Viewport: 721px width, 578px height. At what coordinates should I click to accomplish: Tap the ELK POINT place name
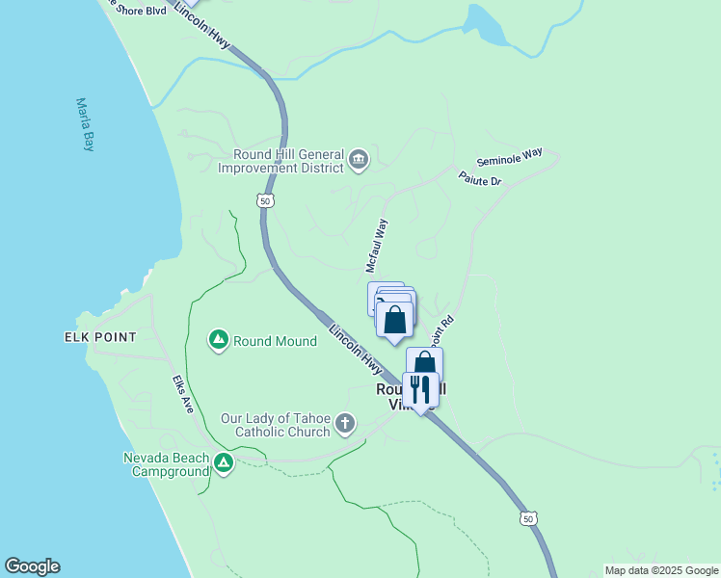coord(100,337)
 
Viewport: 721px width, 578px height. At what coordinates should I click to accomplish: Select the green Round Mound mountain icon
coord(219,341)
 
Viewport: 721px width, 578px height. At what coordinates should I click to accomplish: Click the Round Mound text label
coord(275,342)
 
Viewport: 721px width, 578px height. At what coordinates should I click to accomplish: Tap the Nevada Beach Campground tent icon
coord(224,463)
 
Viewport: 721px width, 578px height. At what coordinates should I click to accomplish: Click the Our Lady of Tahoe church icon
coord(345,424)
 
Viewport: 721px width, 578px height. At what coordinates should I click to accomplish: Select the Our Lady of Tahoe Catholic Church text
coord(275,425)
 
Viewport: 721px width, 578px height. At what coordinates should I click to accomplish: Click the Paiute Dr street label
coord(479,179)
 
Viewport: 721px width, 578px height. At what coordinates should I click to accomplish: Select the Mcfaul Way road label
coord(376,245)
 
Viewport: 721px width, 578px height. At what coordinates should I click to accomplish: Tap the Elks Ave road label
coord(183,394)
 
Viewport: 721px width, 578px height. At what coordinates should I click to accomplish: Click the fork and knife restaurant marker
coord(420,389)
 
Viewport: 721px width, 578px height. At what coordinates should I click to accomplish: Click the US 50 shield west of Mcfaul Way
coord(265,200)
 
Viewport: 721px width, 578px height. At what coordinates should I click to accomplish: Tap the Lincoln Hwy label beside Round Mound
coord(356,350)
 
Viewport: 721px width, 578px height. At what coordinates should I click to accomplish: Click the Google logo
coord(32,566)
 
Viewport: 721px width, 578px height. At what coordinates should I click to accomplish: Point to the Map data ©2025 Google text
coord(661,570)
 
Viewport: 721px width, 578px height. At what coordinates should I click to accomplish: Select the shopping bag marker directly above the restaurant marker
coord(424,364)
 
